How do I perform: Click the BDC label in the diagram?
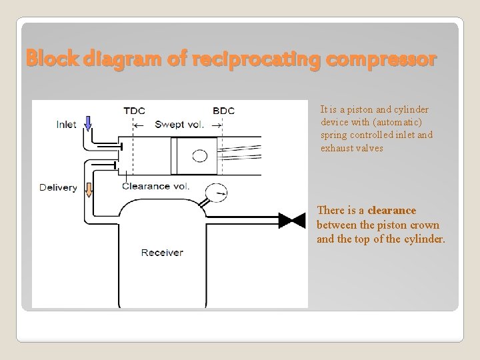pyautogui.click(x=223, y=111)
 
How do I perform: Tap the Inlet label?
pyautogui.click(x=66, y=124)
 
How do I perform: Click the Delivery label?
pyautogui.click(x=58, y=187)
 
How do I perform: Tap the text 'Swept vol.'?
pyautogui.click(x=179, y=124)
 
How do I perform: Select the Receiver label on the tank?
pyautogui.click(x=162, y=252)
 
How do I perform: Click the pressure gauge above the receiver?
pyautogui.click(x=215, y=194)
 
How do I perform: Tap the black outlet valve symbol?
pyautogui.click(x=289, y=218)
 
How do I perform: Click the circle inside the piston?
pyautogui.click(x=199, y=157)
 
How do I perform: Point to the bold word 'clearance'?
pyautogui.click(x=391, y=211)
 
